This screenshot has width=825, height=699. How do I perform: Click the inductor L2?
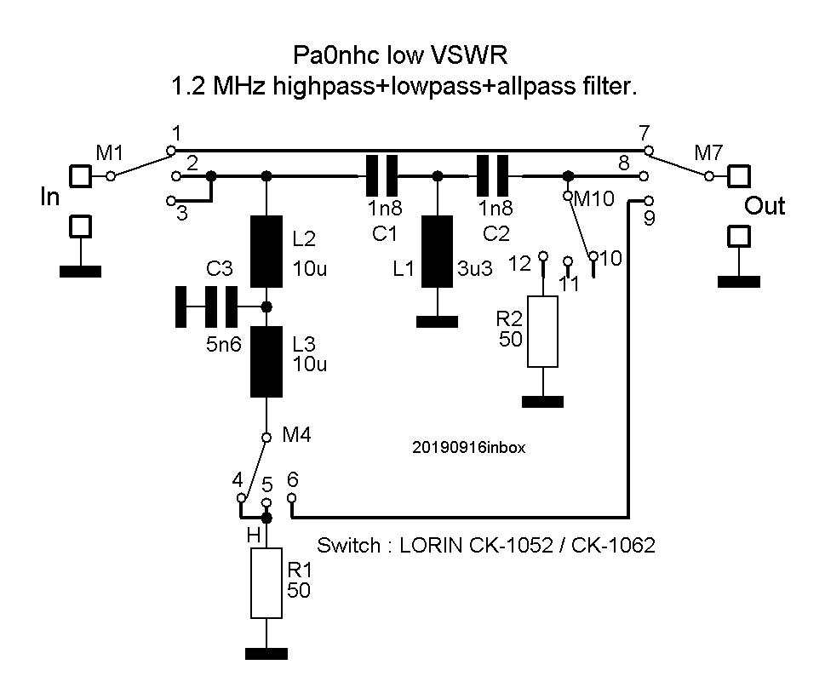(266, 251)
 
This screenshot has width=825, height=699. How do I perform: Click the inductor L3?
(266, 363)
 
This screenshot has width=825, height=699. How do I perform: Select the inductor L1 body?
(437, 251)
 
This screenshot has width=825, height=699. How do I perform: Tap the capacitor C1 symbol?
(381, 175)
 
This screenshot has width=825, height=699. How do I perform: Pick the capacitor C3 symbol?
(207, 307)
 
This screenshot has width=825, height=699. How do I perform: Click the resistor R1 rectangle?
(266, 583)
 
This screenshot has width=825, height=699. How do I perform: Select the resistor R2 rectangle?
(542, 331)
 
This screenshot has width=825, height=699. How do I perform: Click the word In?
(50, 198)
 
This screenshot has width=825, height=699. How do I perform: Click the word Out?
(765, 206)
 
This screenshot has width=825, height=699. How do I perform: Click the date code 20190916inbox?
(468, 445)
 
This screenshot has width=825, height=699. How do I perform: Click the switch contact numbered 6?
(292, 497)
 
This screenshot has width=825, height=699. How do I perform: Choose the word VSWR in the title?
(465, 56)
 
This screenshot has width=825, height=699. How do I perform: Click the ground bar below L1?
(437, 321)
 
